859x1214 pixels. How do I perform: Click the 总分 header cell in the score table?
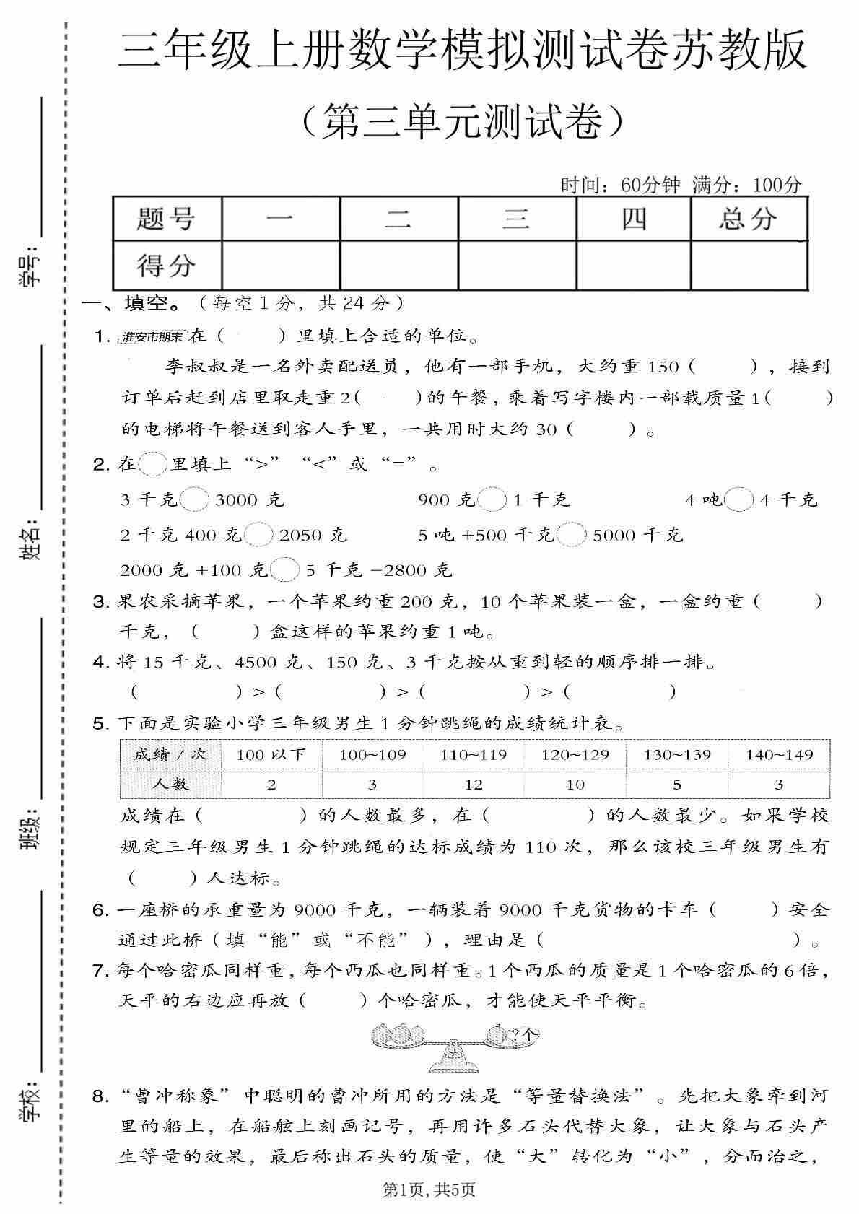click(748, 218)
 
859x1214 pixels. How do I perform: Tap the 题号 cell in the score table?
click(167, 218)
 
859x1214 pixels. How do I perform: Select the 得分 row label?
click(167, 266)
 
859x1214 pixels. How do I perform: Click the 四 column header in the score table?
click(633, 218)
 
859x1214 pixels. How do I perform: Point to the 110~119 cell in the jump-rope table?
click(474, 755)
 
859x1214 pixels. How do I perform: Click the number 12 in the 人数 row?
click(474, 785)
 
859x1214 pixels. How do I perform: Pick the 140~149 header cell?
click(779, 755)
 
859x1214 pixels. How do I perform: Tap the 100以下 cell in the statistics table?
click(271, 755)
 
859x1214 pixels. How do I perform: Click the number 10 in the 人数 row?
click(575, 785)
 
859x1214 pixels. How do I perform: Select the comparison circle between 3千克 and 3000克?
click(195, 499)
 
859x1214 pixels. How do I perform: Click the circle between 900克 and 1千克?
click(492, 499)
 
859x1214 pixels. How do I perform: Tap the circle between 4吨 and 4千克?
click(738, 499)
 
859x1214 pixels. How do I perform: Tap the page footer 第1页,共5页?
click(429, 1189)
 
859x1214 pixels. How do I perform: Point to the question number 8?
click(101, 1097)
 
